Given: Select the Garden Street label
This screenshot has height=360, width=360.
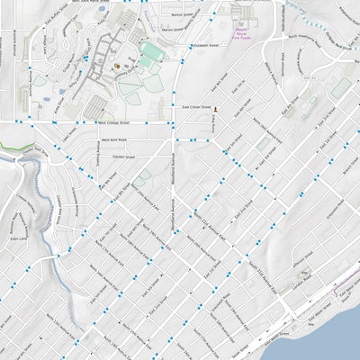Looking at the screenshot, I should [123, 157].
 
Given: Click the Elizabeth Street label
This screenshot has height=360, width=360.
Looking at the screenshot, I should [205, 43].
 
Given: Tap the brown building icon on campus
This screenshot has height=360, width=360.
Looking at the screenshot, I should [116, 65].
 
